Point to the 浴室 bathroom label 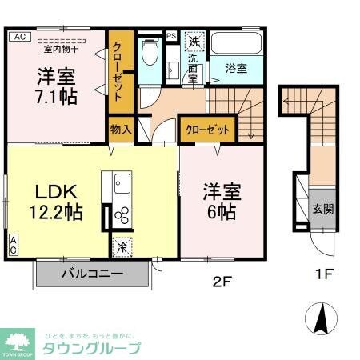236,69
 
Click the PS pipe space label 172,35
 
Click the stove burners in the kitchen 122,215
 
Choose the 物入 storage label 120,129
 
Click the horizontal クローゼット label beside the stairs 208,130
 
